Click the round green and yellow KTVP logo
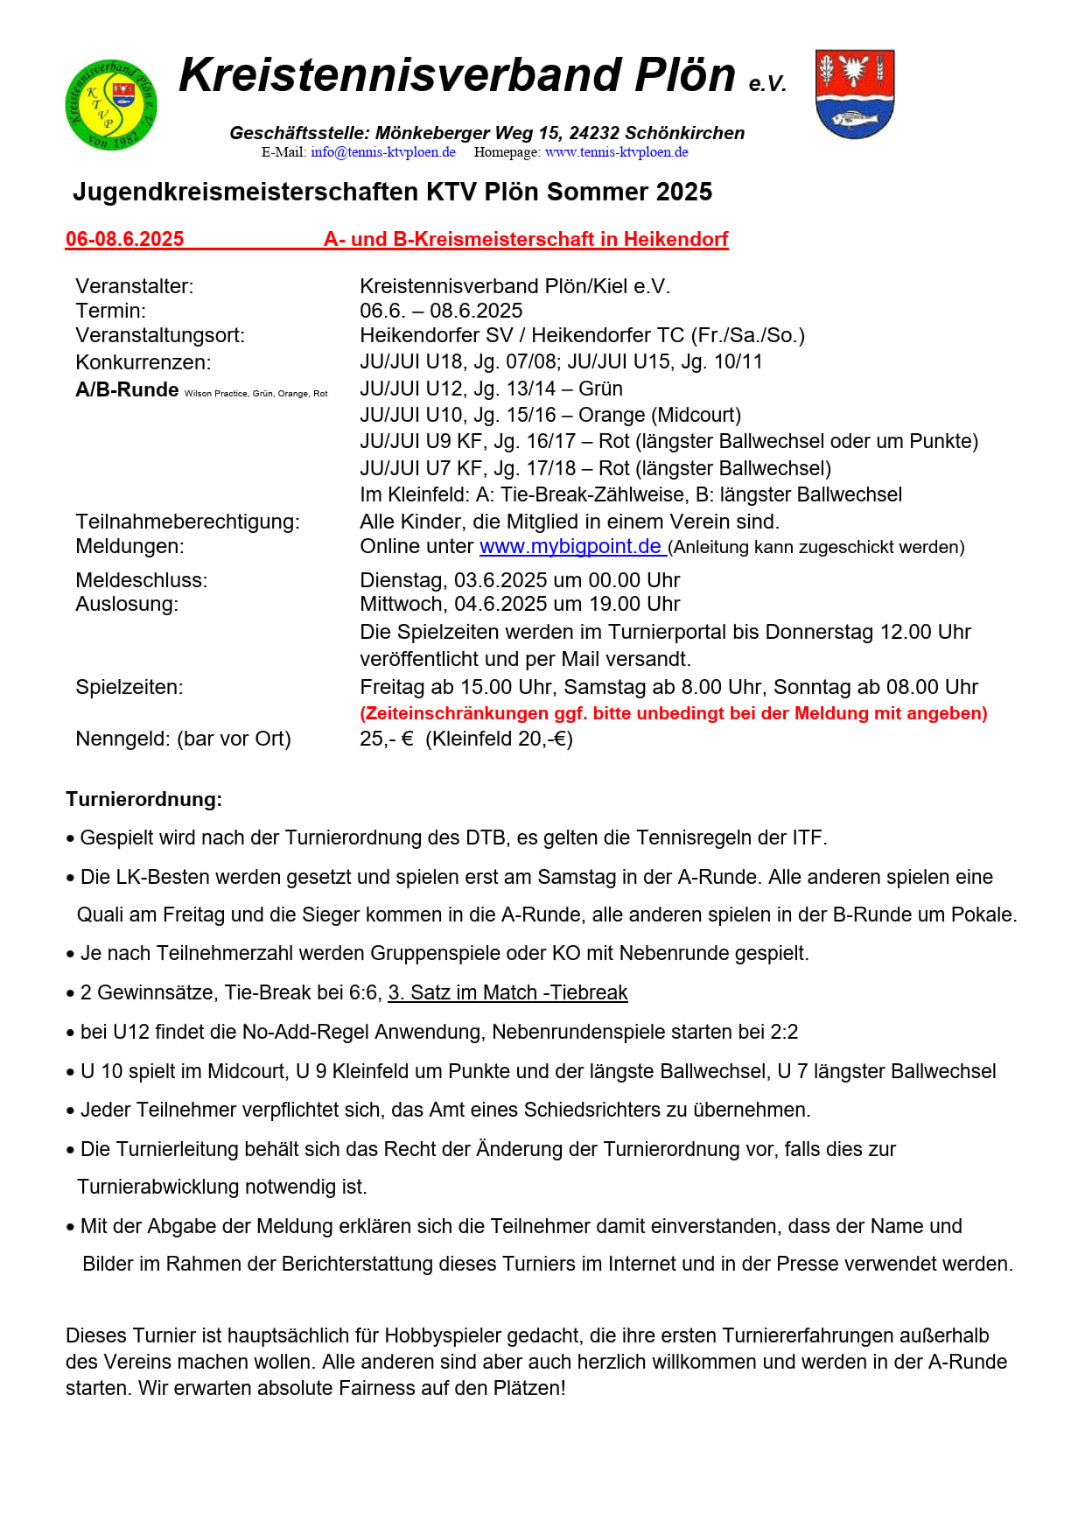coord(111,104)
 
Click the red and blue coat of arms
coord(854,94)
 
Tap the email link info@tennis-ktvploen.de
coord(382,152)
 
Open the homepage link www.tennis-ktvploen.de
coord(616,152)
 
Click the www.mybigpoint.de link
coord(570,546)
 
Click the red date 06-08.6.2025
coord(125,239)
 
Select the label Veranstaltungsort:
coord(160,335)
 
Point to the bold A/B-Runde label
coord(127,389)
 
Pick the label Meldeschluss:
coord(142,580)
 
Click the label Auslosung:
coord(127,604)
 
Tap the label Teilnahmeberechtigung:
coord(187,522)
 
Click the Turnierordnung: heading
coord(143,799)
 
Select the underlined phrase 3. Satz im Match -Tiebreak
coord(507,992)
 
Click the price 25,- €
coord(386,739)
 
